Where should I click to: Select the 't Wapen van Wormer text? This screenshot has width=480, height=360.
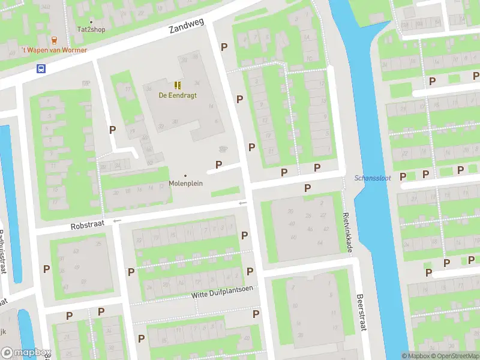[54, 50]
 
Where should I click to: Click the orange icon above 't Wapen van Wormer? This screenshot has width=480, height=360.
[55, 40]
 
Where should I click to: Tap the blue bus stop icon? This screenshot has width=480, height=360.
[41, 68]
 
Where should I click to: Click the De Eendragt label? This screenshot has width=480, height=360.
[178, 95]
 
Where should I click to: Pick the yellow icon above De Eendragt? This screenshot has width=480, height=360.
[178, 85]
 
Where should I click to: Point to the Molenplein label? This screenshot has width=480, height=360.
[185, 184]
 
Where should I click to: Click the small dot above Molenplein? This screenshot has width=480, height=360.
[185, 175]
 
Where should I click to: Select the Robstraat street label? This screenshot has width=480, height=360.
[87, 226]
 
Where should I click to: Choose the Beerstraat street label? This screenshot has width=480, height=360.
[361, 312]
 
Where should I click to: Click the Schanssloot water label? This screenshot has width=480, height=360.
[373, 178]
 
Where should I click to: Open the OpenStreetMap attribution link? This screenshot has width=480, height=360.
[457, 356]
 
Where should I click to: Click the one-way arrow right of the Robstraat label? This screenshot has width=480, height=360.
[117, 221]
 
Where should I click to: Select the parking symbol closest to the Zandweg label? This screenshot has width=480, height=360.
[224, 47]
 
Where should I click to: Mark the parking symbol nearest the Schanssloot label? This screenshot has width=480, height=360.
[403, 176]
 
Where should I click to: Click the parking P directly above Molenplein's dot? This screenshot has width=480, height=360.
[219, 164]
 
